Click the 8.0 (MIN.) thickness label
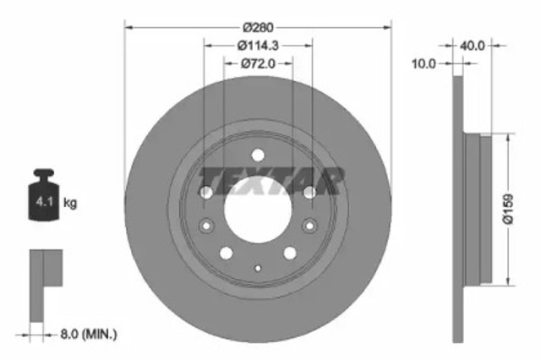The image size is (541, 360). coord(87,335)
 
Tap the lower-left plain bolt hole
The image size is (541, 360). coord(226,253)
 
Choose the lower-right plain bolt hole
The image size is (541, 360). coord(290,253)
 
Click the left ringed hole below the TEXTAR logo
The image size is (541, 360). coord(206,225)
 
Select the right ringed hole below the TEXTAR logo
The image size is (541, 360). coord(309,225)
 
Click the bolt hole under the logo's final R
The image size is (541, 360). coord(310,194)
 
